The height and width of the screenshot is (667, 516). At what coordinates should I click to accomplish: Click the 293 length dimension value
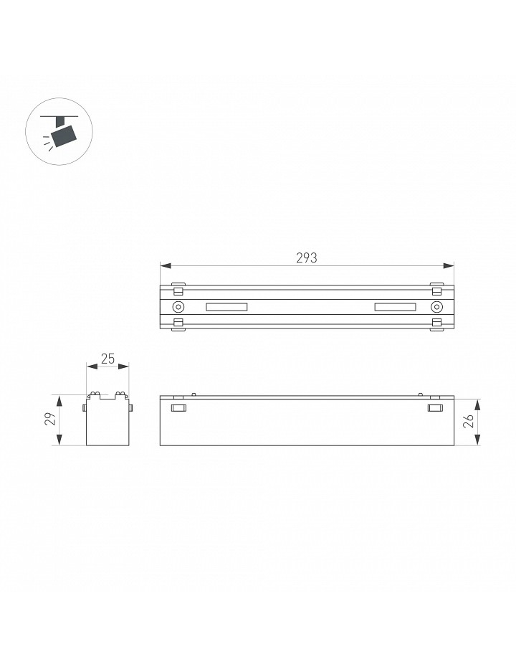coord(307,257)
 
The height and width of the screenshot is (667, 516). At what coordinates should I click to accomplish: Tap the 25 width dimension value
coord(108,359)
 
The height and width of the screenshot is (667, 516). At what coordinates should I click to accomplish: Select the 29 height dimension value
coord(51,419)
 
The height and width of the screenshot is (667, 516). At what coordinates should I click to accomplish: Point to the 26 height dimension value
coord(469,421)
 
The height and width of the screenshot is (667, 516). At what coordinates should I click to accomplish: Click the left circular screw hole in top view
coord(178,307)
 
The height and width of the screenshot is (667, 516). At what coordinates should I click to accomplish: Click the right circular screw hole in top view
coord(436,307)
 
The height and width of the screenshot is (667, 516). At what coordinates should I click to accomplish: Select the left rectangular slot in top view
coord(226,307)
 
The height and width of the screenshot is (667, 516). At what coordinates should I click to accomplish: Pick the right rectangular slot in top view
coord(395,307)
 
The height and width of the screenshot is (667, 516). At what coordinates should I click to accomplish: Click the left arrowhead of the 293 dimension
coord(166,266)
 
